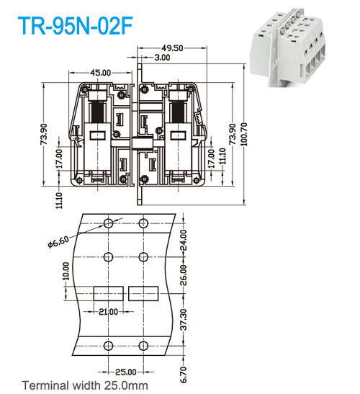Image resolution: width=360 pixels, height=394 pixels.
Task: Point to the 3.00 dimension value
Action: point(162,57)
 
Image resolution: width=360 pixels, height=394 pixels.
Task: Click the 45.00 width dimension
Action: point(100,73)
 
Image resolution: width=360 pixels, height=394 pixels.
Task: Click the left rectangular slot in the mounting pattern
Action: point(109,293)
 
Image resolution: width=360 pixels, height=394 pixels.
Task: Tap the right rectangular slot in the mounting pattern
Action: point(144,293)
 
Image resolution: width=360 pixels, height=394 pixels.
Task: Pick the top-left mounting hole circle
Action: point(109,223)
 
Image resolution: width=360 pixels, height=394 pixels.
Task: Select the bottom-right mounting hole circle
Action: point(144,344)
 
